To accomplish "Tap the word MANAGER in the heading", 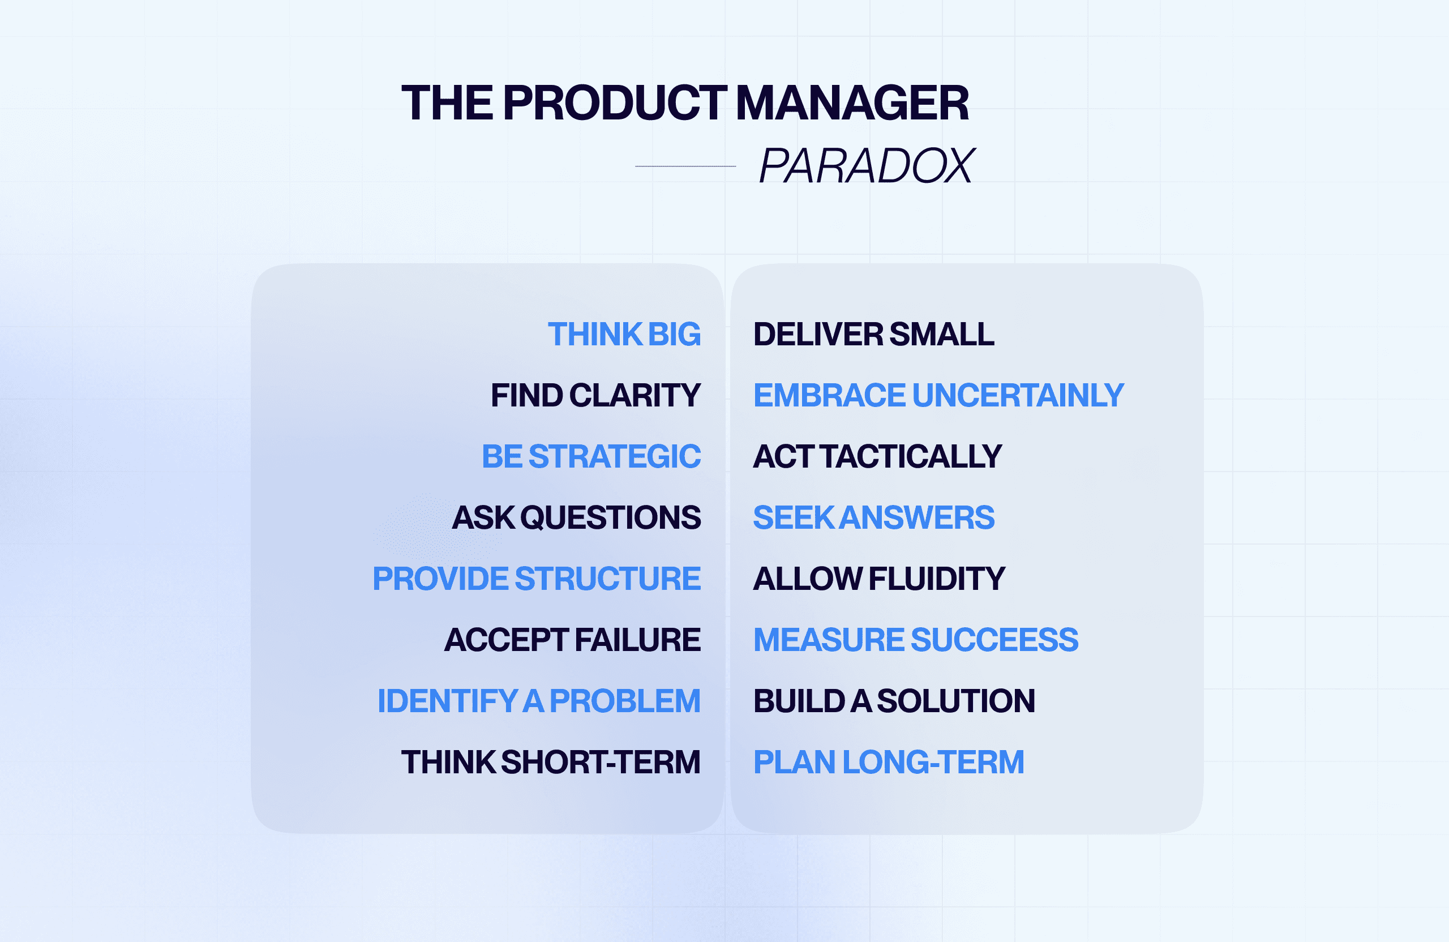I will click(x=852, y=104).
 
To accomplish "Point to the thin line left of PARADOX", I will click(x=685, y=166).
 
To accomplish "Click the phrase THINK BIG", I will click(x=624, y=335).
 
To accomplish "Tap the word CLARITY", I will click(x=635, y=395).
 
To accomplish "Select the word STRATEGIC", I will click(x=614, y=457).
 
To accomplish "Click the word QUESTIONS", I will click(x=610, y=517).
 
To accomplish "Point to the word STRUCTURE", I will click(x=607, y=579).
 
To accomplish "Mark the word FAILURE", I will click(x=637, y=640).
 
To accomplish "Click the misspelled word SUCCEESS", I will click(x=994, y=640).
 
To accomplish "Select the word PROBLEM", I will click(x=625, y=701).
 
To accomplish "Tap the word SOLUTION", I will click(x=955, y=701).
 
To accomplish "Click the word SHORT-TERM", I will click(x=601, y=763).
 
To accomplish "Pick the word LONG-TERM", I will click(x=933, y=763).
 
